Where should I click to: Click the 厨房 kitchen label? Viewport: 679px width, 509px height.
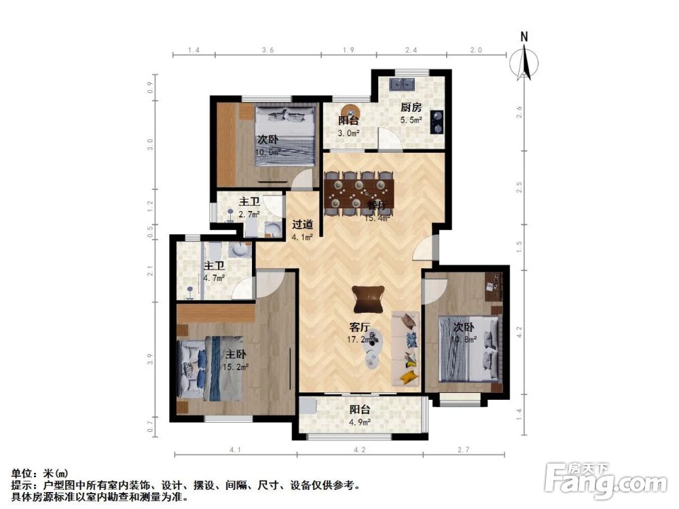point(411,107)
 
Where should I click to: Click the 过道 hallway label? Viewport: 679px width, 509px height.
point(302,225)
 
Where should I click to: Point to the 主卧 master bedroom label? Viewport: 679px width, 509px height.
point(236,354)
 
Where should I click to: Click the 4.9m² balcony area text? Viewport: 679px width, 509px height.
point(360,423)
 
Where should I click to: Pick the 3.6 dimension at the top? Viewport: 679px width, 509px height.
point(268,50)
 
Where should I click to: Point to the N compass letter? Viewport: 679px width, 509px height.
point(524,37)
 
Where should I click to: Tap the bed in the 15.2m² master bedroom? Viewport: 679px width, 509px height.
point(210,367)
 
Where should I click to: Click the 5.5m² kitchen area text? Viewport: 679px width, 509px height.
point(411,120)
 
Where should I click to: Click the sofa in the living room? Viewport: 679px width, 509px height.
point(406,347)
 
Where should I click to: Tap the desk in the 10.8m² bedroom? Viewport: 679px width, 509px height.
point(495,286)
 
